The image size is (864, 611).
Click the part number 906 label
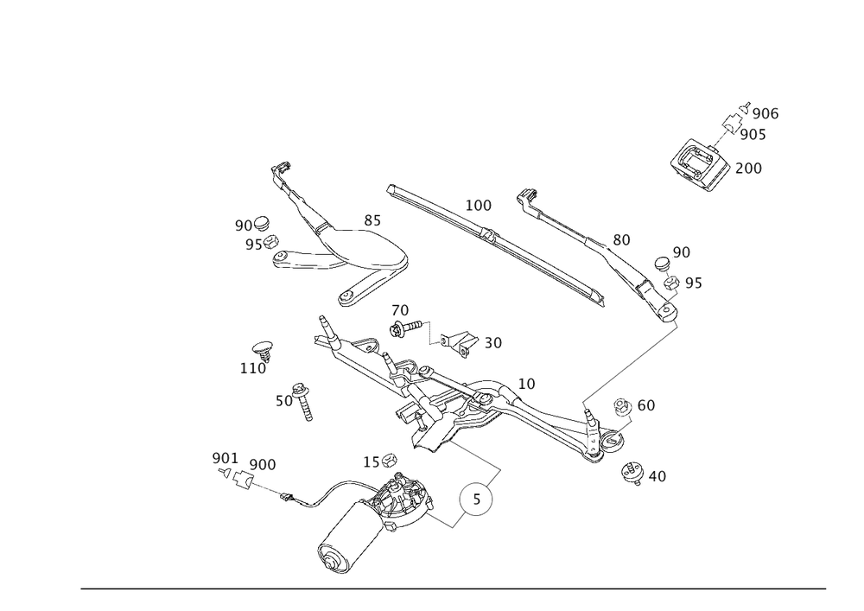pos(766,115)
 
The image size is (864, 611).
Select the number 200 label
pos(747,169)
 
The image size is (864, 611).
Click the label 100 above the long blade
pos(478,206)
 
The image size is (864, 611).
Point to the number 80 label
pos(622,239)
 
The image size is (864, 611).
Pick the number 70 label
pos(399,310)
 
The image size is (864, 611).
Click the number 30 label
pos(493,343)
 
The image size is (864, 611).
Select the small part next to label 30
pos(465,343)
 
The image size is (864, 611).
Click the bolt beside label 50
pos(304,403)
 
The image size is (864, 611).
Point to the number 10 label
pos(527,383)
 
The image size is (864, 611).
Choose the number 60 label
pos(645,405)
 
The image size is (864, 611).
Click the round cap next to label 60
pos(623,407)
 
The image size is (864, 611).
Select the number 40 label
pos(657,475)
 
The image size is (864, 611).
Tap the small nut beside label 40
pos(634,473)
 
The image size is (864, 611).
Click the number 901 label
pos(223,456)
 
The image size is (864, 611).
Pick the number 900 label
pos(262,465)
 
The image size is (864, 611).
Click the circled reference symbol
pos(476,500)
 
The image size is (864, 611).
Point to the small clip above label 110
pos(263,350)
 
